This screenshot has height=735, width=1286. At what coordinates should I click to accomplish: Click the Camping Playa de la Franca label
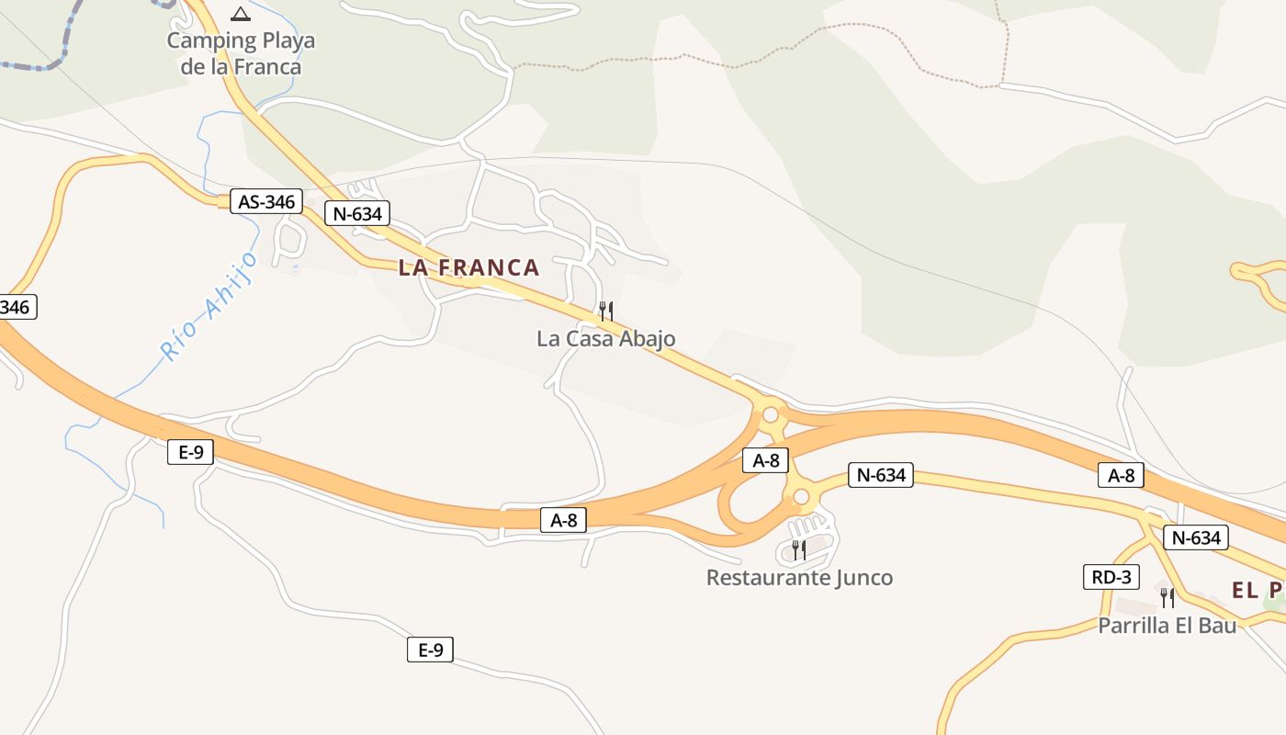tap(241, 53)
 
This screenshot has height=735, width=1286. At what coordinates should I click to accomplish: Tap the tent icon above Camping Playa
tap(241, 13)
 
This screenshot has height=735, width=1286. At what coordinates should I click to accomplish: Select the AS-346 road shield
tap(266, 202)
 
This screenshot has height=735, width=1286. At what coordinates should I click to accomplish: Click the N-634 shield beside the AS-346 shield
tap(357, 214)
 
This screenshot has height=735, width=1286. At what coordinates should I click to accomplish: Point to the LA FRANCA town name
tap(468, 267)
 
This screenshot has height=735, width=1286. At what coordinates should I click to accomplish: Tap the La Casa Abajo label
tap(606, 339)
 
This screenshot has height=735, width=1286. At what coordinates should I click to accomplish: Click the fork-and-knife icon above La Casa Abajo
tap(606, 311)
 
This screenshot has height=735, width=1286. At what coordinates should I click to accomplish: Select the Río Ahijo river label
tap(208, 305)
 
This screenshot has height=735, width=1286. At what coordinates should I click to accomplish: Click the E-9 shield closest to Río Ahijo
tap(191, 452)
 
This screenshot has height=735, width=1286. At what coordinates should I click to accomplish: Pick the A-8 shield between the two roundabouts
tap(765, 460)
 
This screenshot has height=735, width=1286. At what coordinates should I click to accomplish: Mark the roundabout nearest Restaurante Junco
tap(801, 497)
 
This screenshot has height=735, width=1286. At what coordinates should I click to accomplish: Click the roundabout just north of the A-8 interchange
tap(771, 414)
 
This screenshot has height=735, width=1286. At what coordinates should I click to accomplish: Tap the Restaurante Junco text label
tap(799, 578)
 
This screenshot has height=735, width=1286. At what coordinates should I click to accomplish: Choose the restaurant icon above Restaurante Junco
tap(799, 549)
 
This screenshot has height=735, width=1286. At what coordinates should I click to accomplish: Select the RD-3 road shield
tap(1111, 577)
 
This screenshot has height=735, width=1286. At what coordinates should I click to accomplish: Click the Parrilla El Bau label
tap(1168, 626)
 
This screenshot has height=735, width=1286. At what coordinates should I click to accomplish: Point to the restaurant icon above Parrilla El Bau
tap(1168, 597)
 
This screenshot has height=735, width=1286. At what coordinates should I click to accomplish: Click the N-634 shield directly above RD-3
tap(1195, 537)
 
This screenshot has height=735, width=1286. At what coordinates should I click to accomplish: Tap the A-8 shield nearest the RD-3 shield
tap(1122, 475)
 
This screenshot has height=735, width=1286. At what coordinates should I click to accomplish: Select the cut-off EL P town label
tap(1258, 590)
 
